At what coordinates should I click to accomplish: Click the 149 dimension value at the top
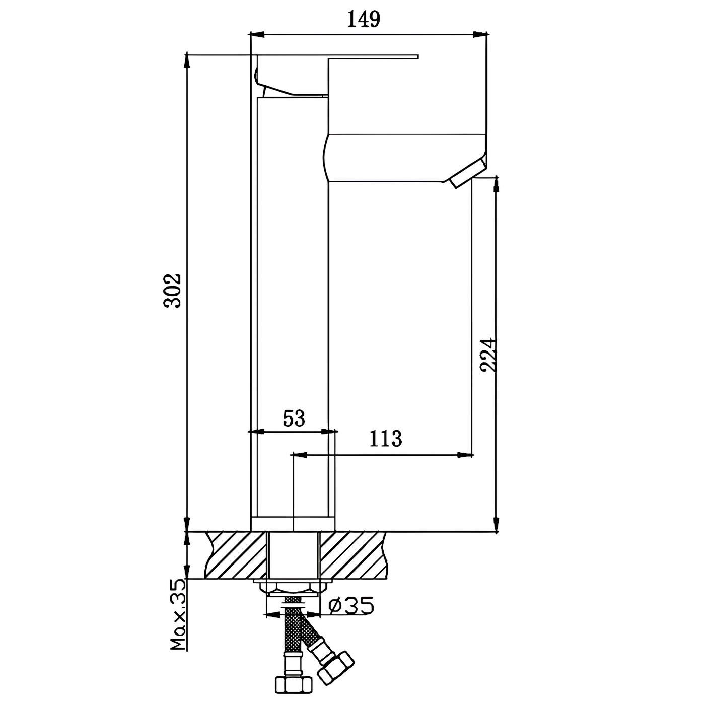click(363, 19)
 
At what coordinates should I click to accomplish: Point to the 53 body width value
click(294, 418)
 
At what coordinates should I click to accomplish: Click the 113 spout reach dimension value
click(386, 439)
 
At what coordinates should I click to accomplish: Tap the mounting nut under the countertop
click(292, 587)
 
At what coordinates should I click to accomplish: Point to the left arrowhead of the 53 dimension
click(257, 432)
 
